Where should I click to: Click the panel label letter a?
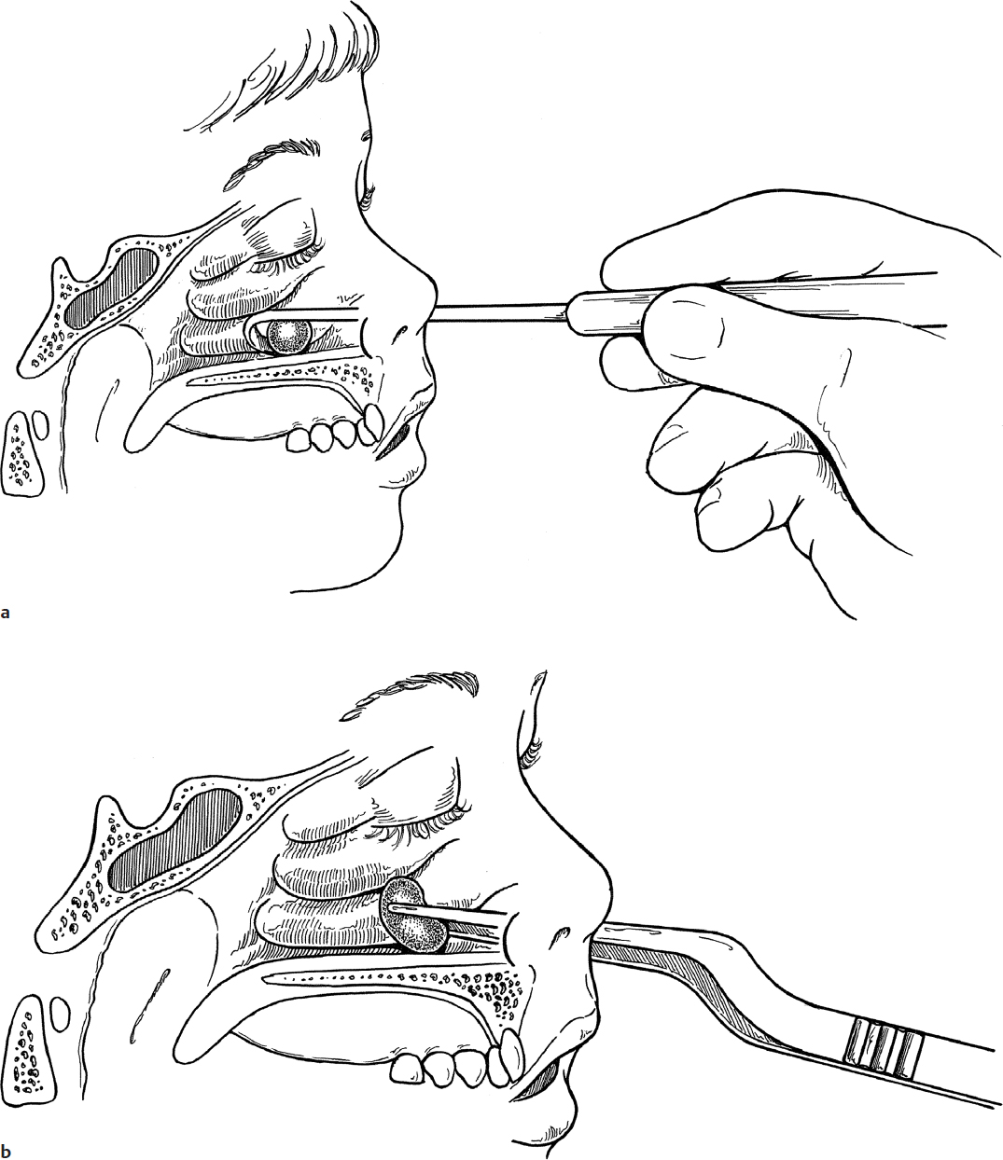click(5, 613)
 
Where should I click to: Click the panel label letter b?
click(6, 1151)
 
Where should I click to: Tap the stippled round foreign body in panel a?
click(288, 337)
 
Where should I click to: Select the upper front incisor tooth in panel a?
click(371, 425)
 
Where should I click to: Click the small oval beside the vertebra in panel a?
click(40, 425)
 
